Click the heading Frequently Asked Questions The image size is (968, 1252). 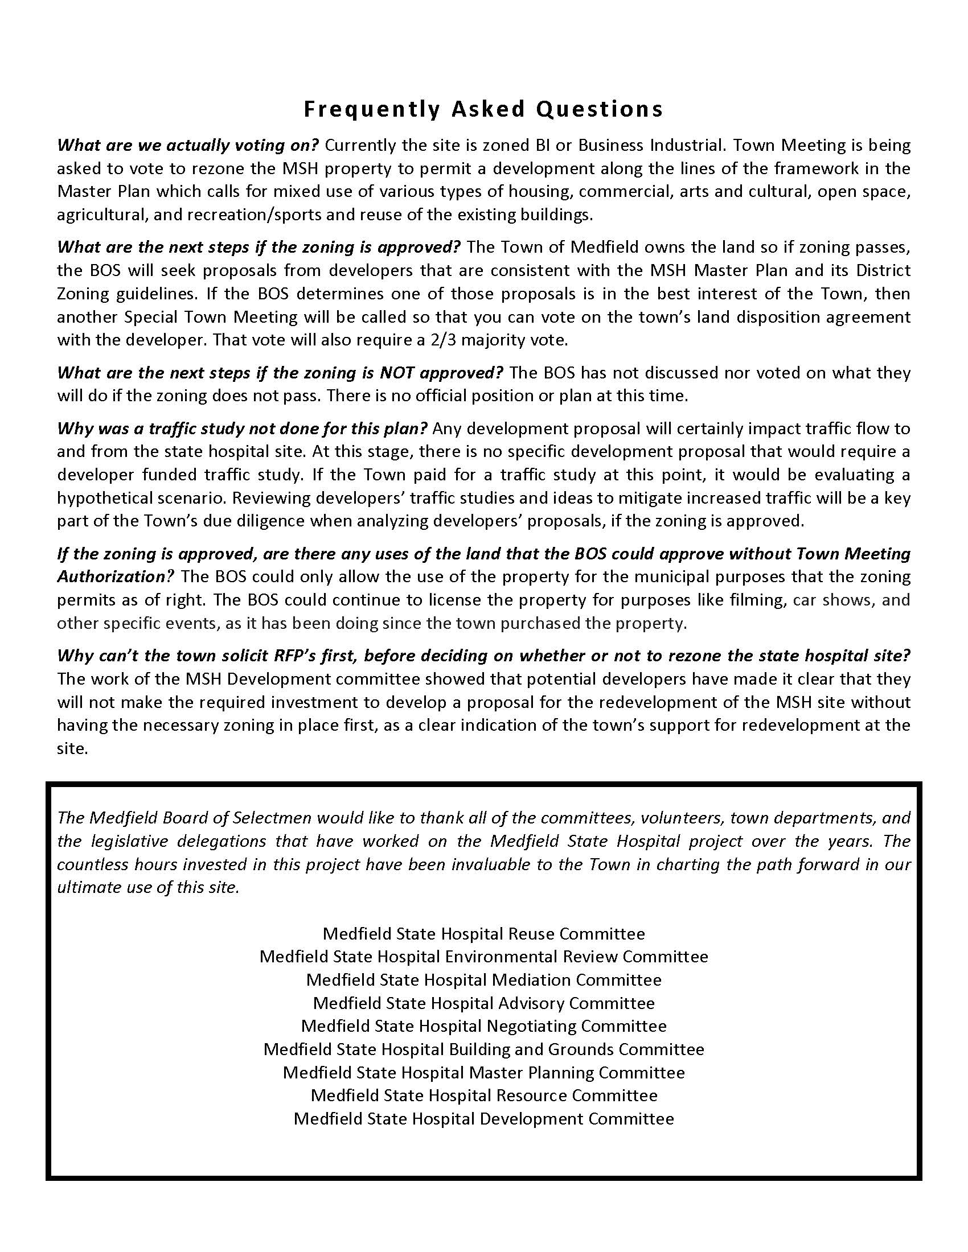point(483,109)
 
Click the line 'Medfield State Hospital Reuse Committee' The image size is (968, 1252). point(483,934)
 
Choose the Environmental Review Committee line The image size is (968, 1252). point(483,957)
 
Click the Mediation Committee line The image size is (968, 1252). point(483,980)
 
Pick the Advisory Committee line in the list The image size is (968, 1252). point(483,1003)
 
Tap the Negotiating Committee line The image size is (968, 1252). point(483,1026)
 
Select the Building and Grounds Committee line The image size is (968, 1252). point(483,1049)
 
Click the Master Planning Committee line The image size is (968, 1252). point(483,1073)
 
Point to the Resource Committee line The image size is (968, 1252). point(483,1095)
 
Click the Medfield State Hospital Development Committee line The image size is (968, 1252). point(483,1118)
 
